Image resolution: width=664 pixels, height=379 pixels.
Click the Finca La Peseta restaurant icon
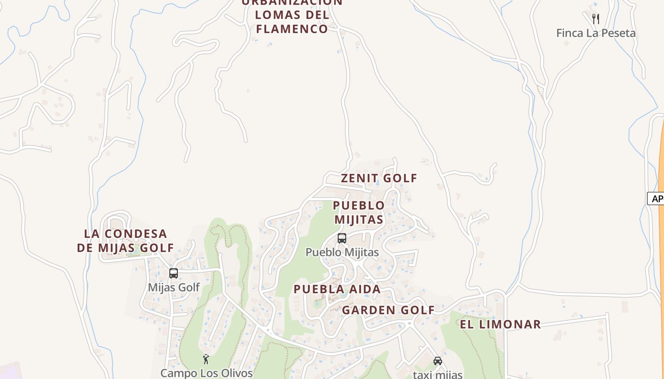coord(596,19)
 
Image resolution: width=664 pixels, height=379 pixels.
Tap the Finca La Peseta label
coord(596,33)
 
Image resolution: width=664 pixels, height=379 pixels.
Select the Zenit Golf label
coord(379,178)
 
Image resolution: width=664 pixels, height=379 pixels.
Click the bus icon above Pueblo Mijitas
coord(342,238)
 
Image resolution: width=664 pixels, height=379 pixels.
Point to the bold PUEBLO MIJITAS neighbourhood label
coord(359,212)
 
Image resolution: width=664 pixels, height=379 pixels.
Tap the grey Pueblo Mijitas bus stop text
coord(342,253)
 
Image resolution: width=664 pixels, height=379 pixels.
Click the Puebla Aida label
coord(337,289)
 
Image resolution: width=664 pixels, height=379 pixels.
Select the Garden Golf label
coord(388,310)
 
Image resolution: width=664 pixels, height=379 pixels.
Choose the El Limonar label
coord(500,324)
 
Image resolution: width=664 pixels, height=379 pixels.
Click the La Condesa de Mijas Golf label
coord(126,241)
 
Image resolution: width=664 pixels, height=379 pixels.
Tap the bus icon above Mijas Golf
coord(174,273)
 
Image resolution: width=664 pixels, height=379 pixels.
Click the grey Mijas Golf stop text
coord(174,288)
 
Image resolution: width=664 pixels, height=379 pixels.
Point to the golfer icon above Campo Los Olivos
coord(206,360)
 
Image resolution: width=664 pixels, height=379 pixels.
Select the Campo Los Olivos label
coord(206,373)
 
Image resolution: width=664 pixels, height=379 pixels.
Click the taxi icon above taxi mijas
coord(437,361)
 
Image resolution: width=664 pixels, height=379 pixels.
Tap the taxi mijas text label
coord(437,374)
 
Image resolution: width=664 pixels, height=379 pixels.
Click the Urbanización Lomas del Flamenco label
coord(292,15)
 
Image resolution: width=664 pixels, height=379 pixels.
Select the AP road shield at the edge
coord(656,199)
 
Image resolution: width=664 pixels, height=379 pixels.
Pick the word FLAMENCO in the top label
coord(292,29)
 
